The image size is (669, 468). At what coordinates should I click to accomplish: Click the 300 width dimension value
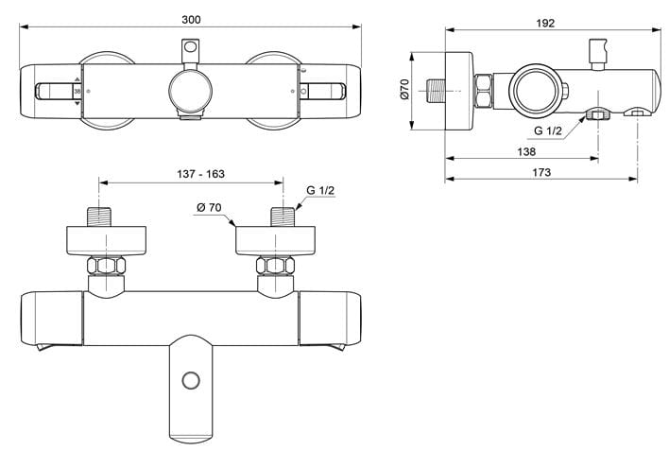(191, 20)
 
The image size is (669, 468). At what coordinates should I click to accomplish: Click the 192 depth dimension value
(545, 23)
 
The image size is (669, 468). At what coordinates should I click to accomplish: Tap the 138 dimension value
(526, 151)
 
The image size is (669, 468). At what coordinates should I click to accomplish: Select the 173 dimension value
(541, 172)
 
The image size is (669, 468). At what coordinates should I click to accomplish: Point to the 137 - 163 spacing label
(200, 174)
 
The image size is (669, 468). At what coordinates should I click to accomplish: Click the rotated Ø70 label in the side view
(404, 89)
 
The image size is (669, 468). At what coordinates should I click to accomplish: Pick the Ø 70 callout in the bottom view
(209, 207)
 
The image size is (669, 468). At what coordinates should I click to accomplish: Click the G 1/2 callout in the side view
(548, 131)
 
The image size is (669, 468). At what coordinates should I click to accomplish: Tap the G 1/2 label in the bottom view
(320, 190)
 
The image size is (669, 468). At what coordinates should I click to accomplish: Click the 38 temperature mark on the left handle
(77, 92)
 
